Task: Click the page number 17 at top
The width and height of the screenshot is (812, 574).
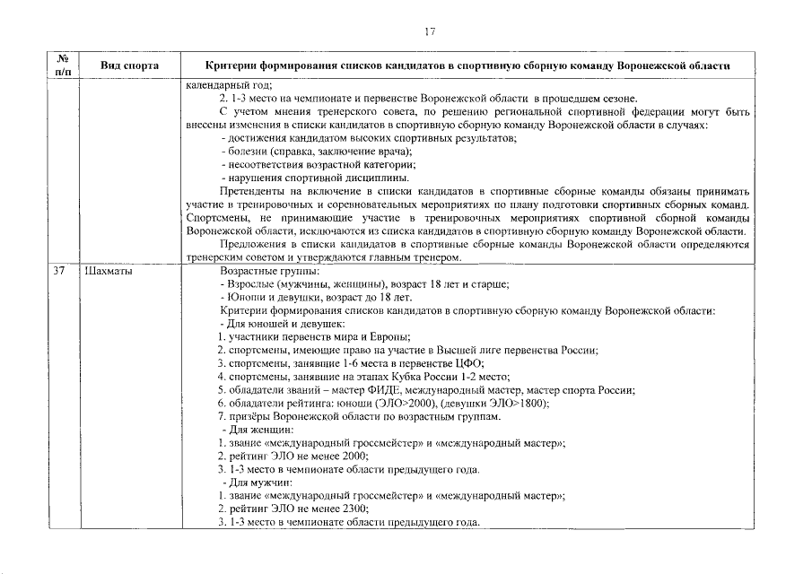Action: tap(430, 33)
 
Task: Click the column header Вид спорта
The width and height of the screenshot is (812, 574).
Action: tap(129, 66)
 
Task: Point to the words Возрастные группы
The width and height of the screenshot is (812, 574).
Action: tap(269, 271)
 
